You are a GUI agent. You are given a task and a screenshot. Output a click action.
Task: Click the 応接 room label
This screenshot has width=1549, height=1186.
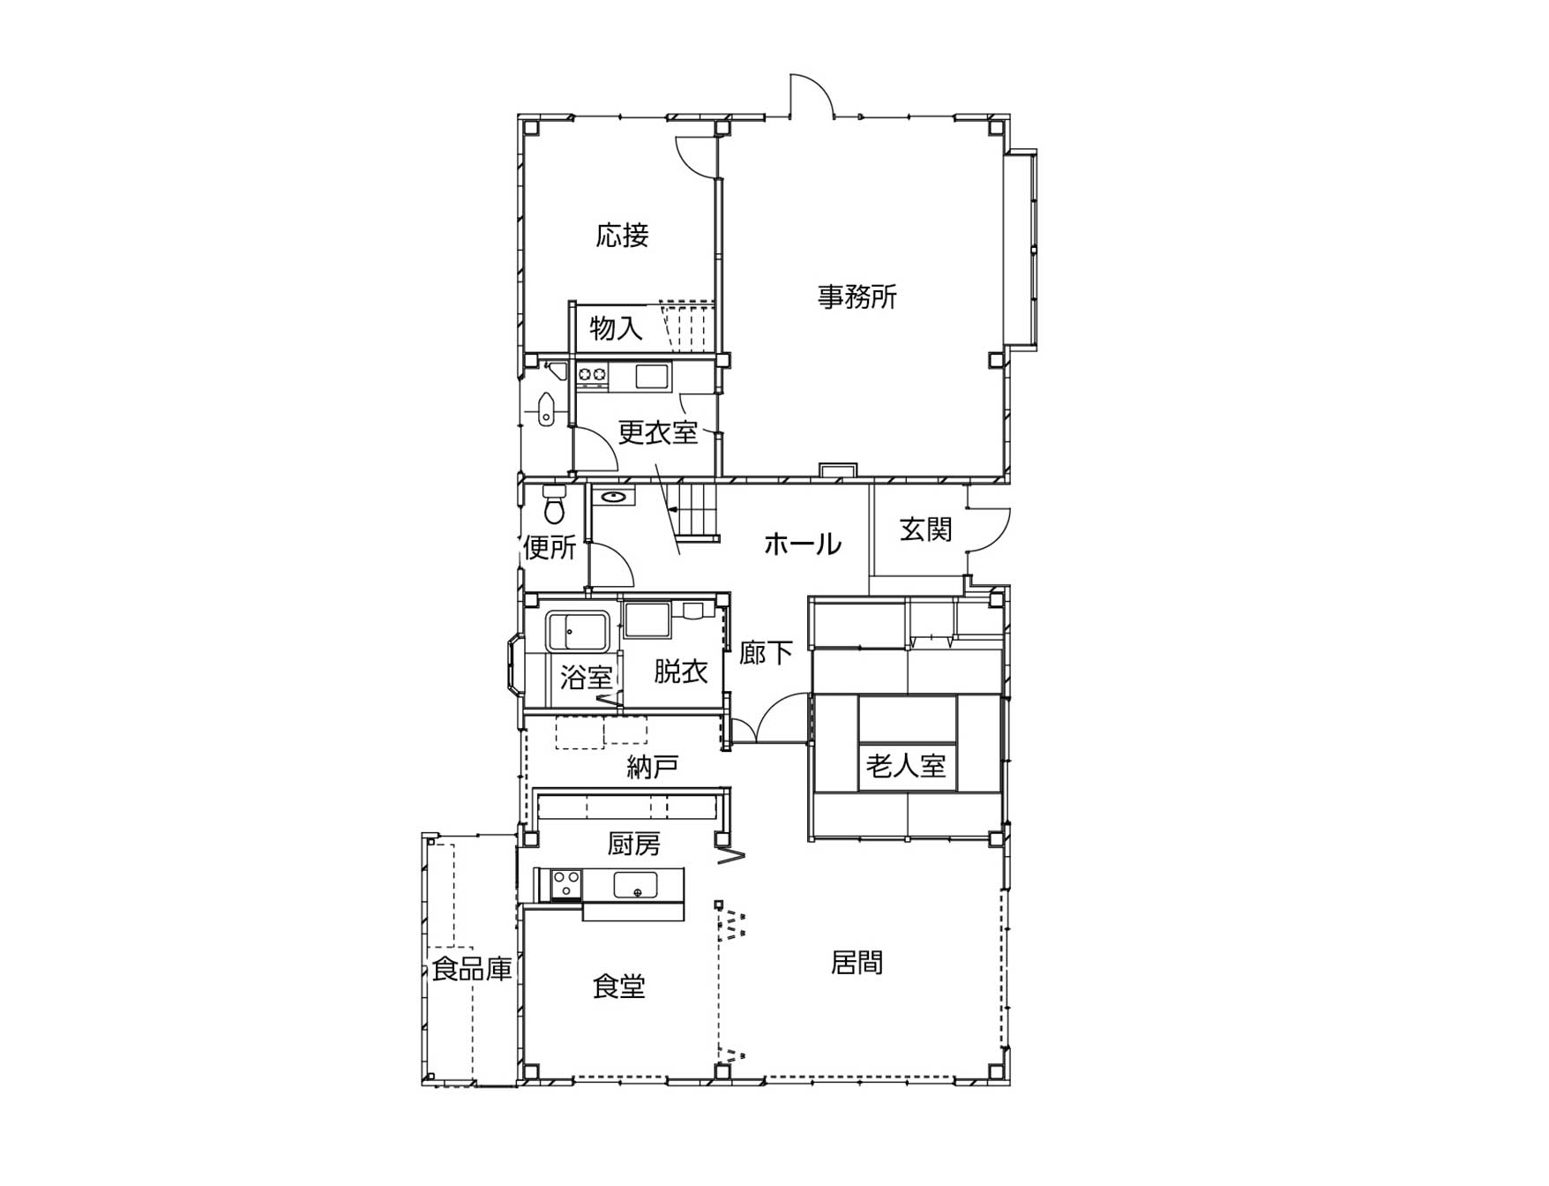tap(623, 236)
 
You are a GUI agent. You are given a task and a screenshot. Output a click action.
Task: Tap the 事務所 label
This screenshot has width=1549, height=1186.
tap(857, 296)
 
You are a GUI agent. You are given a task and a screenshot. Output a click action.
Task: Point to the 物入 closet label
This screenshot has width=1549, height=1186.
tap(616, 328)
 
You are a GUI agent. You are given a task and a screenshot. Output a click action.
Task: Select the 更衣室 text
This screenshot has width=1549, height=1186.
tap(658, 432)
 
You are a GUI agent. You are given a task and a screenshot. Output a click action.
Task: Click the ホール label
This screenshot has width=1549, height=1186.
tap(802, 544)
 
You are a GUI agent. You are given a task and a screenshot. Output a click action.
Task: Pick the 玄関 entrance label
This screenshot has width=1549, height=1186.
tap(926, 529)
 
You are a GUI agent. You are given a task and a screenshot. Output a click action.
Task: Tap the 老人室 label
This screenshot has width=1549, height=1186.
tap(906, 765)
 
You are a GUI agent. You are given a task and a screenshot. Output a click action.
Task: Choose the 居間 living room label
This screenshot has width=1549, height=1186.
tap(857, 962)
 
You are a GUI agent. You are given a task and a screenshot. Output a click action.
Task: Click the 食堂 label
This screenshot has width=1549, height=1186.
tap(618, 986)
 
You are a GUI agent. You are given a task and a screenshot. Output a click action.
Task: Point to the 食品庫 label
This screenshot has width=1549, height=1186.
tap(472, 970)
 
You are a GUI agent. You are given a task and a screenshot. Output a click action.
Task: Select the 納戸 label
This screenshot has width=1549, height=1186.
tap(653, 767)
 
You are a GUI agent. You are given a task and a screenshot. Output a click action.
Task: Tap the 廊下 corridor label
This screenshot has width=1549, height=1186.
tap(766, 653)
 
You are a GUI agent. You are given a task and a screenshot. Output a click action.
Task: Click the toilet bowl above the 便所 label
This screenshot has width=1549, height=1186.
tap(555, 503)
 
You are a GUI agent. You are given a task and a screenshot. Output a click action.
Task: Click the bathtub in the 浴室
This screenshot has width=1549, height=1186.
tap(578, 630)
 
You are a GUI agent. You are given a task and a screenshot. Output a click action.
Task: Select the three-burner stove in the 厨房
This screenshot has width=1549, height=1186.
tap(565, 884)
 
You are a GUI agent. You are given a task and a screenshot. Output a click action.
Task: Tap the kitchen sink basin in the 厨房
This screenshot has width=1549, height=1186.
tap(635, 883)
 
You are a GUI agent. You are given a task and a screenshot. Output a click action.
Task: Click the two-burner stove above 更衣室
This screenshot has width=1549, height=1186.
tap(593, 375)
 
